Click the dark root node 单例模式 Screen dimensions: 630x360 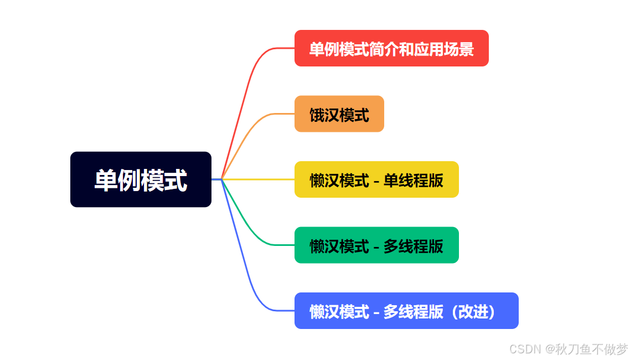click(x=141, y=179)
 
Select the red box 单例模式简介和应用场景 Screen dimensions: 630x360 click(x=391, y=48)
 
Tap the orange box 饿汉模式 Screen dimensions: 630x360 click(x=339, y=114)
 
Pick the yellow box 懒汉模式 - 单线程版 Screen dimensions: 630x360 click(x=376, y=179)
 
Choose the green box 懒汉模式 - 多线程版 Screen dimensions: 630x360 click(x=376, y=245)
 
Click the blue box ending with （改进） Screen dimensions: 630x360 click(x=406, y=311)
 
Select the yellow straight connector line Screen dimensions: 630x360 click(x=258, y=179)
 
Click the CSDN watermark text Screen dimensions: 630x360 click(x=525, y=349)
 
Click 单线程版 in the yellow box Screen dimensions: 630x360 click(x=414, y=181)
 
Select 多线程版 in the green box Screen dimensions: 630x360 click(x=414, y=246)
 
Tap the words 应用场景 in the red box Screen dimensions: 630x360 click(x=444, y=49)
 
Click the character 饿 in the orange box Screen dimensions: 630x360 click(x=317, y=115)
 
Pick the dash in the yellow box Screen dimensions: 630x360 click(x=376, y=181)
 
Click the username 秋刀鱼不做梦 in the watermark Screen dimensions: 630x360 click(x=591, y=349)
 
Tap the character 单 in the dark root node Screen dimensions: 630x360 click(x=106, y=180)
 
